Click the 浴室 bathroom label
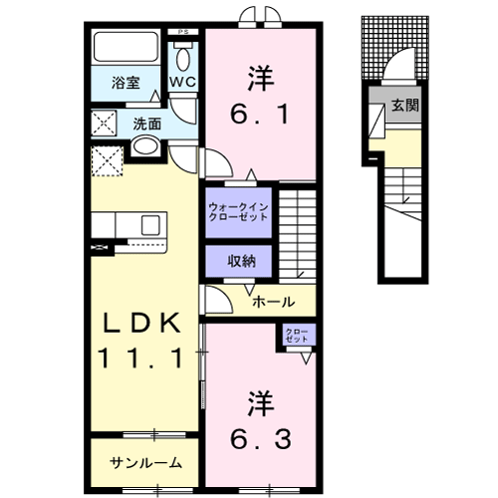[124, 84]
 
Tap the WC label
[182, 80]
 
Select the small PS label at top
[182, 32]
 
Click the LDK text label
[140, 323]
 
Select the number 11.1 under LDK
[140, 358]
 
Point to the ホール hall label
[271, 300]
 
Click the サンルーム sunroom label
[145, 462]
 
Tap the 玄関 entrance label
[404, 104]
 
